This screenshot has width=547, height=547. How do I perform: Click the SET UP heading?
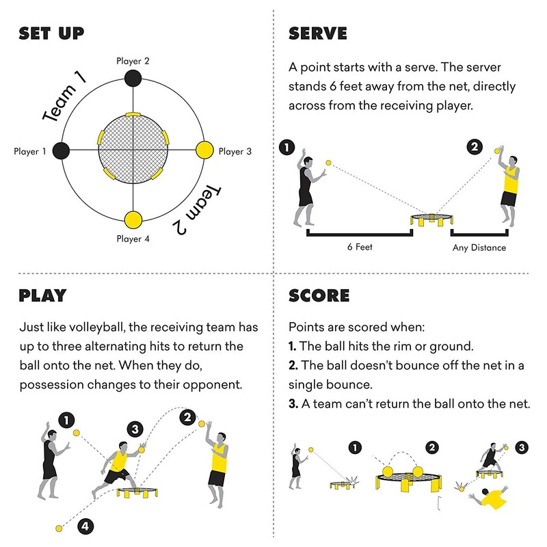click(x=51, y=33)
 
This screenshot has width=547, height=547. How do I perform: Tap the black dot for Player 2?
click(x=133, y=78)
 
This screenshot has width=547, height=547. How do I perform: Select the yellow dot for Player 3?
click(x=204, y=150)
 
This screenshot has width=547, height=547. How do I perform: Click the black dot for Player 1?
click(x=61, y=151)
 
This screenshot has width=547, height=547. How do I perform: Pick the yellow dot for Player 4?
click(x=133, y=219)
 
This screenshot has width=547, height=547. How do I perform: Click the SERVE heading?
click(x=318, y=34)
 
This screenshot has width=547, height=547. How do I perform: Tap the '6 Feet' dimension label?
click(x=360, y=247)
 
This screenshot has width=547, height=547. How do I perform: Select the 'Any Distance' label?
click(x=479, y=248)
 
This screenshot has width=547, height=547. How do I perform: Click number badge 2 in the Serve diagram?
click(x=475, y=146)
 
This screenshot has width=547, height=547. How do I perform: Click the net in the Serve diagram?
click(x=432, y=219)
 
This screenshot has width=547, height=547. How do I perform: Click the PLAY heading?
click(x=42, y=295)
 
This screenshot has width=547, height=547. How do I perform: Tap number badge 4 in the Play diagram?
click(x=85, y=526)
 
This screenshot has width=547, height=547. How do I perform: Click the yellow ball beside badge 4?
click(x=59, y=529)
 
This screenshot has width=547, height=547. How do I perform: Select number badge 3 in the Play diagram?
click(x=135, y=429)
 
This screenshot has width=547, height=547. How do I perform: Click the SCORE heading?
click(x=319, y=296)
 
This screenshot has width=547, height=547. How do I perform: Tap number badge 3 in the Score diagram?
click(x=522, y=447)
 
